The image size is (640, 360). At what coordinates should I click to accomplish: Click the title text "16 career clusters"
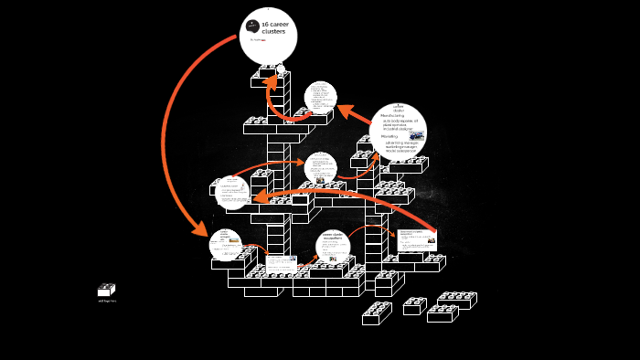[274, 27]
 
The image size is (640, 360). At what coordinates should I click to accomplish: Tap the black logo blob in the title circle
[252, 25]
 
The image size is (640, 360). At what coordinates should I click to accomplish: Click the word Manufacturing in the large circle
[393, 116]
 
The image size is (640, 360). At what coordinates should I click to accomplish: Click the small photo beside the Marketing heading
[416, 135]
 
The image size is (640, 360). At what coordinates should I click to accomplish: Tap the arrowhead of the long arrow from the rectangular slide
[260, 196]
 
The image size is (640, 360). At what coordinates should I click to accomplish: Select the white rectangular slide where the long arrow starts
[417, 240]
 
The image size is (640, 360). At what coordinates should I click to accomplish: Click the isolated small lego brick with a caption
[106, 291]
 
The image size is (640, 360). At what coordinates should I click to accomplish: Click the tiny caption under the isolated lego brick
[107, 301]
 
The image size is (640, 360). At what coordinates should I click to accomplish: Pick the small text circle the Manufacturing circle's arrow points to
[321, 97]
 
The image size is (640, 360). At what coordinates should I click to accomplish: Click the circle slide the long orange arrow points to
[232, 193]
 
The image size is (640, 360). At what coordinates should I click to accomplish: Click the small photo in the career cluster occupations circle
[333, 259]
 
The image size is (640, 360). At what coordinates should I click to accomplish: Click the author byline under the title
[258, 39]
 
